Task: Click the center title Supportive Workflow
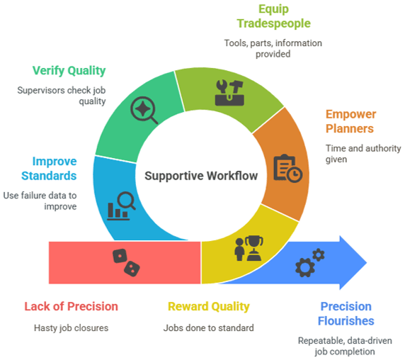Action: click(x=201, y=176)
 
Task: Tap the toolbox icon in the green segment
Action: click(x=229, y=93)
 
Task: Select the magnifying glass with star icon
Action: click(x=144, y=110)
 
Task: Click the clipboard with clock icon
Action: click(x=287, y=168)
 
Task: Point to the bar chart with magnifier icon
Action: click(x=121, y=206)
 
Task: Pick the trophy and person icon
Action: click(x=249, y=248)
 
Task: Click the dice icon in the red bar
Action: click(x=126, y=263)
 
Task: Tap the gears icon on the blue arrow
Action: click(x=309, y=263)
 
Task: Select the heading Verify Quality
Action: click(x=69, y=71)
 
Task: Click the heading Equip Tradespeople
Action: click(x=273, y=16)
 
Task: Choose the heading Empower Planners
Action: click(x=350, y=121)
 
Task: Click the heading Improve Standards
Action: click(x=49, y=169)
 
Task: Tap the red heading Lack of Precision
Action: click(x=71, y=307)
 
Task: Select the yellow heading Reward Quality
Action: click(x=209, y=307)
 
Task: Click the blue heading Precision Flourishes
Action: click(x=346, y=313)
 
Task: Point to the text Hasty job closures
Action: click(x=71, y=328)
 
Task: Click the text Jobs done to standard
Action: click(x=208, y=328)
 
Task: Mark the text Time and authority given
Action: click(x=363, y=154)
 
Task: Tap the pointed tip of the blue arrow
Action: click(x=367, y=263)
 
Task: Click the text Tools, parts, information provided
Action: click(x=273, y=48)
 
